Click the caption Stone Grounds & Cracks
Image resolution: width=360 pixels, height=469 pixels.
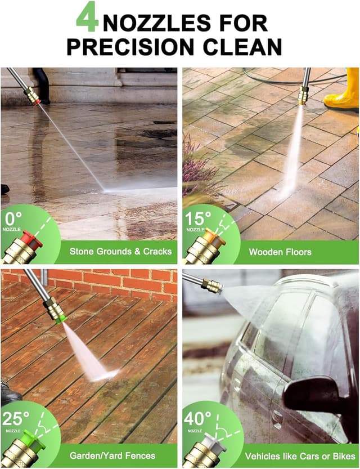tap(120, 251)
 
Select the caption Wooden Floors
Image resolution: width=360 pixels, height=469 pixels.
tap(280, 252)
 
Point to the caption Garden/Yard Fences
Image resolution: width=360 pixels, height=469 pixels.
tap(112, 455)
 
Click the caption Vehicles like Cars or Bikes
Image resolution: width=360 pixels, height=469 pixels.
tap(298, 455)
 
